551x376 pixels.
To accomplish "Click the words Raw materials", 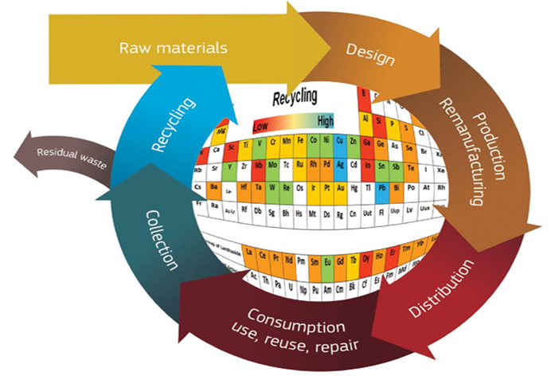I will (173, 47).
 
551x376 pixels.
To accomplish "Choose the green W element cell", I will (273, 190).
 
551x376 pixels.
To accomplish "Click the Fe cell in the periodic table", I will (300, 142).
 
